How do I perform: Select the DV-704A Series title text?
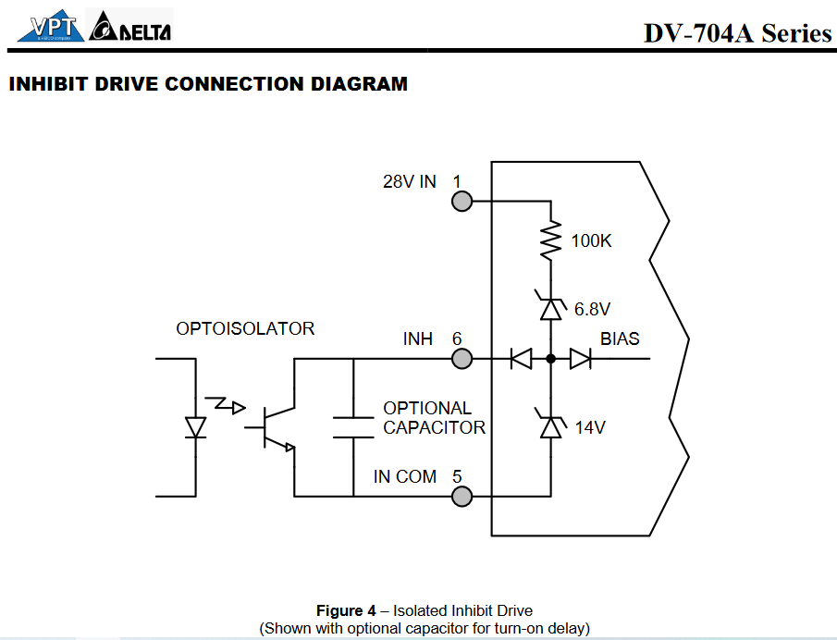[737, 33]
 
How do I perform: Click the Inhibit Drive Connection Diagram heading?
[207, 84]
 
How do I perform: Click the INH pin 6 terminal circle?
[461, 358]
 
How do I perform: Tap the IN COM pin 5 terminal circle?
[461, 497]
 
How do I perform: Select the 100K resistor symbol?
[551, 240]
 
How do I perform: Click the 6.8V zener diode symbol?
[551, 307]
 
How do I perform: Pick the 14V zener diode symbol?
[551, 426]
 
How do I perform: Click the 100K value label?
[591, 241]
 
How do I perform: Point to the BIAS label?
[620, 338]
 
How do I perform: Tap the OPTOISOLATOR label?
[245, 328]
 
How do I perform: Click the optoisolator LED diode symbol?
[195, 427]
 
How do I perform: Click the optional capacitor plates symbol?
[353, 426]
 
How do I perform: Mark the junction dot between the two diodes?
[551, 358]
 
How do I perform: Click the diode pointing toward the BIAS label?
[580, 358]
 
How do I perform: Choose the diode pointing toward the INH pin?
[522, 358]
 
